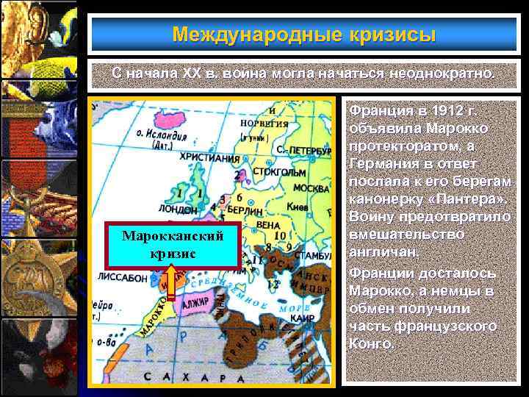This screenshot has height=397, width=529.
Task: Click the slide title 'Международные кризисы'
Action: tap(304, 35)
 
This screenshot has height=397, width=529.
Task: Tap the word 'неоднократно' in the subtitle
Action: tap(445, 74)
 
